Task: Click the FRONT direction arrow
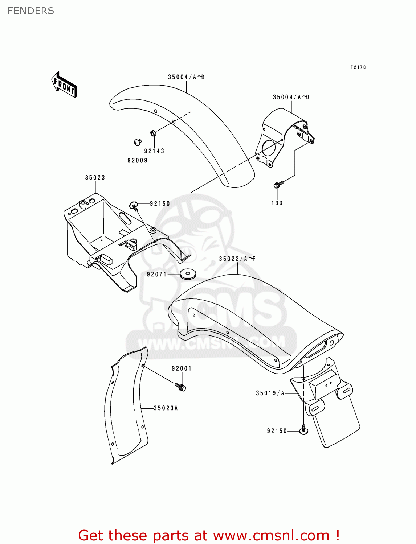point(64,85)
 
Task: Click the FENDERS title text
point(31,11)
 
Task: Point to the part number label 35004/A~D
point(186,77)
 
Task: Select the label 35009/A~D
point(291,97)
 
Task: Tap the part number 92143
point(154,151)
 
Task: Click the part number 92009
point(138,160)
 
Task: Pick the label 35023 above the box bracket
point(95,178)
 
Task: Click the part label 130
point(277,203)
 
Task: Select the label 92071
point(157,275)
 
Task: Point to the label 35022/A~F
point(237,259)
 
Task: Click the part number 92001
point(182,368)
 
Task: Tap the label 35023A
point(166,408)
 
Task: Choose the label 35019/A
point(270,393)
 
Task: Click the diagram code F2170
point(358,67)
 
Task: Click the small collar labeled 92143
point(153,133)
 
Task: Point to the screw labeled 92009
point(138,142)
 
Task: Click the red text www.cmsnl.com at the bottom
point(271,535)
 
